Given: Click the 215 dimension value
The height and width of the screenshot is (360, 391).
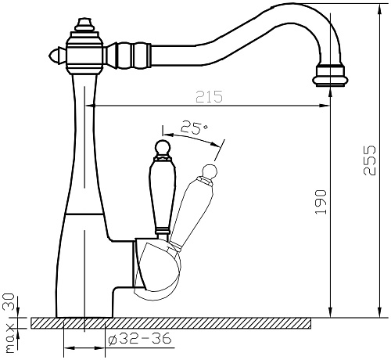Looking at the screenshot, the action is pyautogui.click(x=209, y=96).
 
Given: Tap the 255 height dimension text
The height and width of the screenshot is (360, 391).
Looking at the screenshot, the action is pyautogui.click(x=370, y=160).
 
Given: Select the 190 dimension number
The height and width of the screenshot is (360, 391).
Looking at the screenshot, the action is pyautogui.click(x=321, y=202).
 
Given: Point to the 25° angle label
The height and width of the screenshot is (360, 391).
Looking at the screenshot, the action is pyautogui.click(x=195, y=128).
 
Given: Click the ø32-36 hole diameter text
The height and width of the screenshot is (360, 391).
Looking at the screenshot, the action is pyautogui.click(x=140, y=339).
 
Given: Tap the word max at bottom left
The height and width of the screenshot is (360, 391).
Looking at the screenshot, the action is pyautogui.click(x=10, y=339).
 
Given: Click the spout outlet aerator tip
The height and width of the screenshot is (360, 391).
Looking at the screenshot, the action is pyautogui.click(x=331, y=76).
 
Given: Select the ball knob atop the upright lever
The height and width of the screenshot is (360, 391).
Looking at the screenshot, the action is pyautogui.click(x=163, y=147).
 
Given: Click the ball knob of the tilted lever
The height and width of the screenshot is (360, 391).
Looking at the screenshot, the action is pyautogui.click(x=210, y=171).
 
